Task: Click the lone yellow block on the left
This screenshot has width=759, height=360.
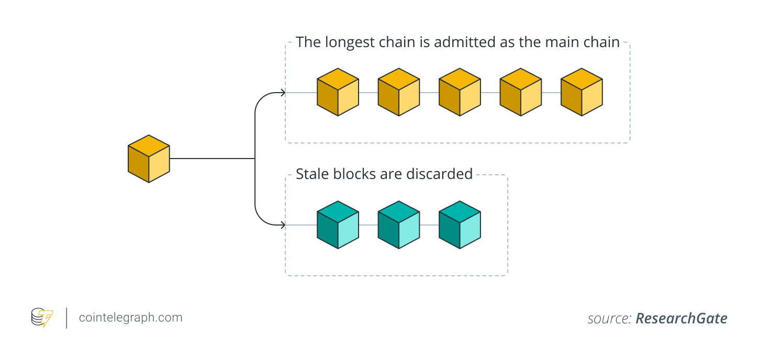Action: coord(149,159)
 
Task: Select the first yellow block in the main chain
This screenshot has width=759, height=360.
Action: coord(338,92)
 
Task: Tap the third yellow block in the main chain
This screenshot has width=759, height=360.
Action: coord(459,92)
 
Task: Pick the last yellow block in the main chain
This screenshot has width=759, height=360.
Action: coord(581,92)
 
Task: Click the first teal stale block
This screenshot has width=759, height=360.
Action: coord(338,225)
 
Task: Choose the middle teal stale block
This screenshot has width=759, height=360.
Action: coord(398,225)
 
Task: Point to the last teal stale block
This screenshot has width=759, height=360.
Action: coord(459,225)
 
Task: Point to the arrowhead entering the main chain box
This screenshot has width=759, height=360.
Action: coord(283,93)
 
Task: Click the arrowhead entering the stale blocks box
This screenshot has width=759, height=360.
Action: coord(283,226)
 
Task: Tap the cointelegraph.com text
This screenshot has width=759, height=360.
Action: coord(130,318)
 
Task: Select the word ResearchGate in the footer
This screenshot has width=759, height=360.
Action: coord(681,319)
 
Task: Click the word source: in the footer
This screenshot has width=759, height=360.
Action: coord(609,319)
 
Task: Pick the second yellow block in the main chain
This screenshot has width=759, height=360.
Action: coord(398,92)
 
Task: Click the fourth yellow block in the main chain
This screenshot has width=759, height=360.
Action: coord(520,92)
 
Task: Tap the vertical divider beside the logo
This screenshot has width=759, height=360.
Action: coord(66,318)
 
